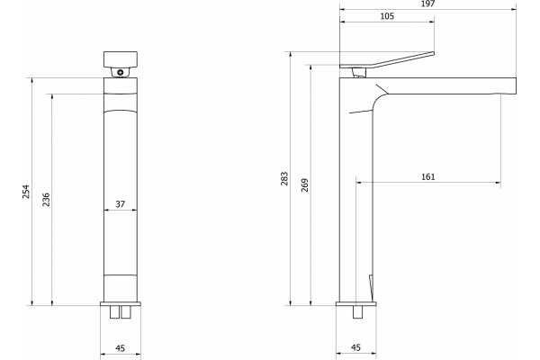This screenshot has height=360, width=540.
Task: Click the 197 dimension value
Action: [428, 4]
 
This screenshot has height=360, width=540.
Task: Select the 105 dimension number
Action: [387, 16]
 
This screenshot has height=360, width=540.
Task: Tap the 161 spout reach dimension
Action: [428, 176]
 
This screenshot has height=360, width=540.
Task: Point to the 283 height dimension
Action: [284, 178]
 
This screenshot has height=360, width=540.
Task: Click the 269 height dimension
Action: [305, 185]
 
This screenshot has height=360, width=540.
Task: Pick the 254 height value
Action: [26, 192]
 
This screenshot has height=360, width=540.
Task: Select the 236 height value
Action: [46, 200]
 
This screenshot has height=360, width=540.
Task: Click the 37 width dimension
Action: [121, 204]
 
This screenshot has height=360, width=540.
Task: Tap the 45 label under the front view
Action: [120, 348]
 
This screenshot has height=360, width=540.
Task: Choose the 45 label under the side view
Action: [355, 347]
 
